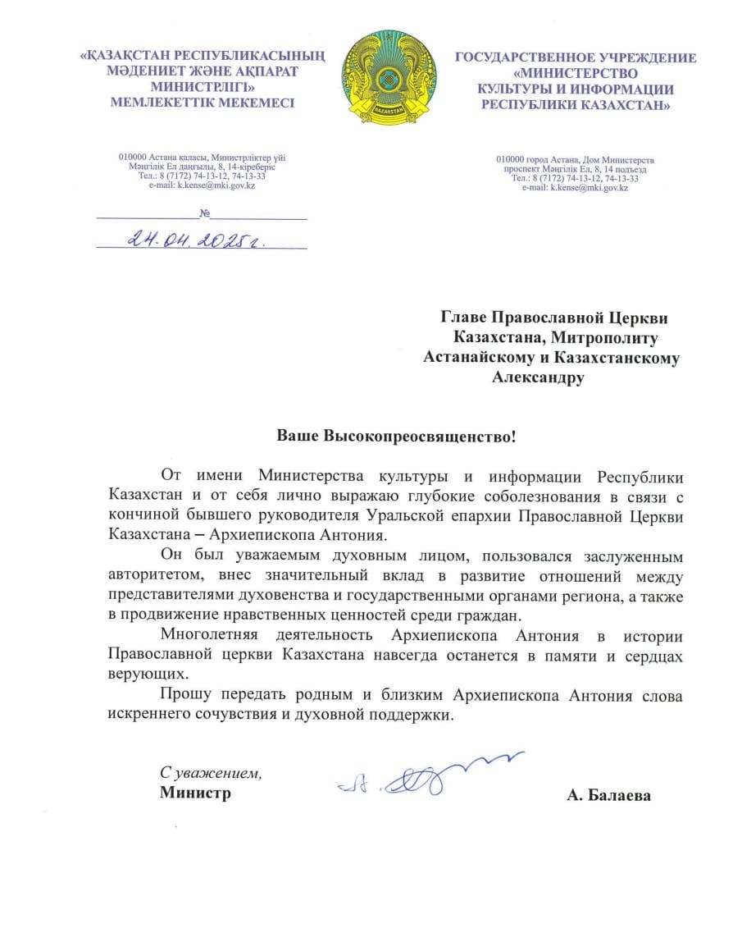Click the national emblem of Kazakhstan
click(377, 78)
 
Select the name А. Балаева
click(608, 794)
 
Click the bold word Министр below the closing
click(195, 793)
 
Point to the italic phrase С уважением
click(211, 773)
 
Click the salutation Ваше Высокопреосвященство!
click(396, 435)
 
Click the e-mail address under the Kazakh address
click(203, 185)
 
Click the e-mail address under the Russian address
click(575, 188)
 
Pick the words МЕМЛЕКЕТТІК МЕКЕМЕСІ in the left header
click(202, 102)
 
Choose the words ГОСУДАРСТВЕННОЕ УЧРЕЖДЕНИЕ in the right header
click(576, 57)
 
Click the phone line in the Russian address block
click(575, 177)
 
